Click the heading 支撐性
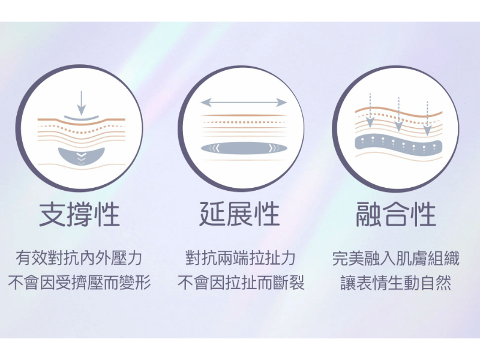(79, 215)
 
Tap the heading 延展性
(239, 215)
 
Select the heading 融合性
(396, 215)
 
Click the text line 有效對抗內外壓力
(79, 258)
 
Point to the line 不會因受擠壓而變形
(79, 283)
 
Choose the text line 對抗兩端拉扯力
(241, 258)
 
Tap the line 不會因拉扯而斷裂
(241, 283)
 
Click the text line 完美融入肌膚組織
(396, 258)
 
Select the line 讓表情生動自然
(396, 283)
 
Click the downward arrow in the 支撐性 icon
(81, 103)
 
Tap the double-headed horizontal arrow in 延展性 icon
(244, 103)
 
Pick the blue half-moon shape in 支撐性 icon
(82, 157)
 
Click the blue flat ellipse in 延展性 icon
(244, 148)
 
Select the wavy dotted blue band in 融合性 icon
(398, 144)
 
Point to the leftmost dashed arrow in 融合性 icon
(370, 110)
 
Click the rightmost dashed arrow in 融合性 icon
(427, 118)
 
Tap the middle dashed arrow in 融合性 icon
(398, 114)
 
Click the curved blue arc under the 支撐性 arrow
(82, 118)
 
